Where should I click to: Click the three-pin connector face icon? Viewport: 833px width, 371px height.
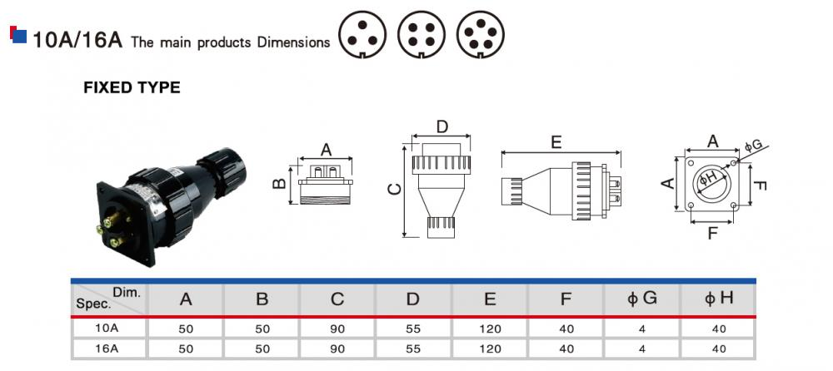click(362, 35)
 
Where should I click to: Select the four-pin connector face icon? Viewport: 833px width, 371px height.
click(421, 35)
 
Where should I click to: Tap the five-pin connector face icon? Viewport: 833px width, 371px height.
click(481, 35)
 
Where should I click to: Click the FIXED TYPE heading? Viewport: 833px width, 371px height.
click(132, 87)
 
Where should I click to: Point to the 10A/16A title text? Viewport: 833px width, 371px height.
click(77, 40)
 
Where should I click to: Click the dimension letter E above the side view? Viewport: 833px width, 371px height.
click(556, 142)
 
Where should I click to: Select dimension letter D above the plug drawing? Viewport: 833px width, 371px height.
click(442, 126)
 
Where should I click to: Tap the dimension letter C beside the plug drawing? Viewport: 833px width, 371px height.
click(395, 190)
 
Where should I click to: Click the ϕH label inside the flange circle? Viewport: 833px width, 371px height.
click(708, 177)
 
